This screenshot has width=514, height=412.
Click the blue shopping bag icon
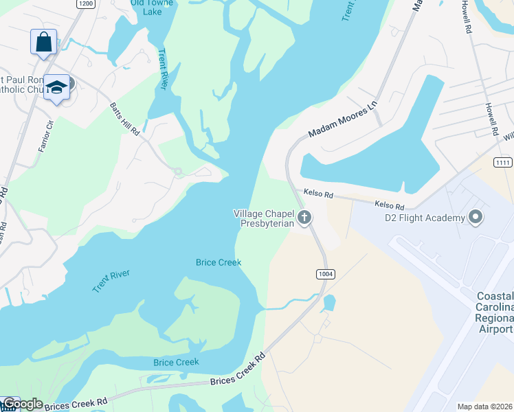pos(43,41)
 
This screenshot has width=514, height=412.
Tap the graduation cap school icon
pos(56,88)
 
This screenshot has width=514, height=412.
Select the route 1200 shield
pos(85,3)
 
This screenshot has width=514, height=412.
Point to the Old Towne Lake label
pos(151,6)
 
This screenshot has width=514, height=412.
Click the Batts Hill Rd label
pos(125,118)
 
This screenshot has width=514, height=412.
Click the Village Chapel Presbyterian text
pos(264,218)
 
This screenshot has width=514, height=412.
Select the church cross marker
pos(304,218)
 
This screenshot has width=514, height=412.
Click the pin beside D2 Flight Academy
pos(475,218)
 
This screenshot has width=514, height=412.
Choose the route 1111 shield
pos(502,161)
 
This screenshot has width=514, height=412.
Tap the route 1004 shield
pos(326,274)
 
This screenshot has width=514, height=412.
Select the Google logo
pos(22,404)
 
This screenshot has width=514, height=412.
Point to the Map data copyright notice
pos(485,407)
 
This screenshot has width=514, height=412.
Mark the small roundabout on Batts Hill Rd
pos(177,171)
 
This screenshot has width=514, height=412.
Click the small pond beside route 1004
pos(328,303)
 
